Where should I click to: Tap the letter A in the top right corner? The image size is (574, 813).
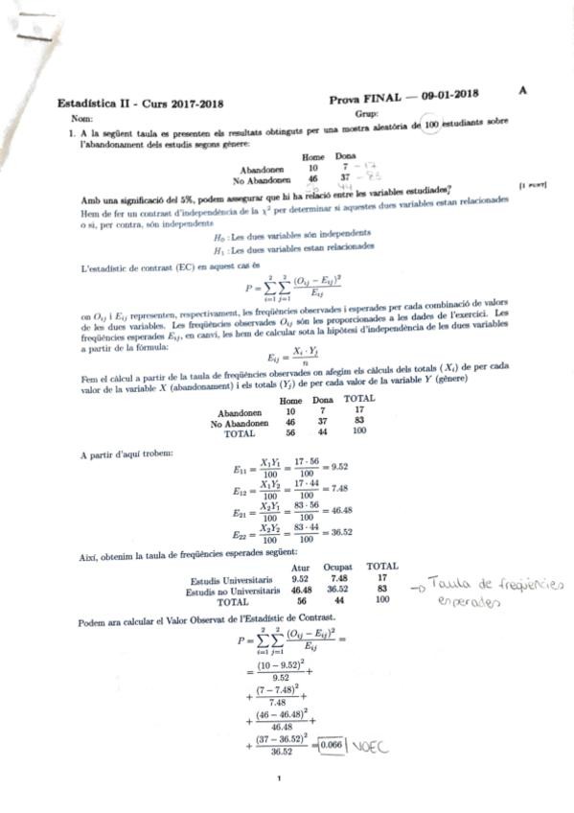click(x=522, y=89)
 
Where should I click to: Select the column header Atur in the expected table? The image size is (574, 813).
click(x=299, y=567)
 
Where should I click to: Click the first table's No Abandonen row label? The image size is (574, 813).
click(x=262, y=179)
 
